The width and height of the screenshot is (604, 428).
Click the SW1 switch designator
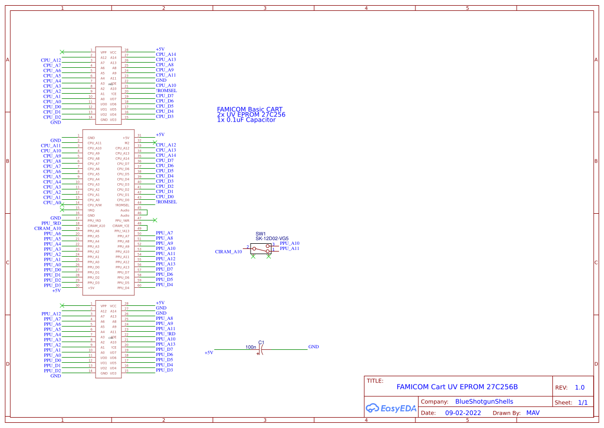pos(260,234)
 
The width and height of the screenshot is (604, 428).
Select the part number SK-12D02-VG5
pos(272,239)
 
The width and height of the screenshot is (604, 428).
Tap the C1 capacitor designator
pos(261,343)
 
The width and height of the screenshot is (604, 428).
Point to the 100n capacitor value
pos(251,347)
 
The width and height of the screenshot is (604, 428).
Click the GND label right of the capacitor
pos(314,347)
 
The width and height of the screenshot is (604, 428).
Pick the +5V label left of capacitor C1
pos(209,352)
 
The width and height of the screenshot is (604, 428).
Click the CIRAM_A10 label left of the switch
pos(228,252)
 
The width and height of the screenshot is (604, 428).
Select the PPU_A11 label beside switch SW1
pos(289,249)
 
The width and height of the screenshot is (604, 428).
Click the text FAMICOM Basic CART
pos(250,110)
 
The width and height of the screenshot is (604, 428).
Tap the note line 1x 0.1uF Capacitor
pos(246,120)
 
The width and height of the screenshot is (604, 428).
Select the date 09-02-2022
pos(463,413)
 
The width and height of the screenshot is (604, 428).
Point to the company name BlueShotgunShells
pos(484,402)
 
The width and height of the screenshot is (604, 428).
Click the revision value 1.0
pos(580,388)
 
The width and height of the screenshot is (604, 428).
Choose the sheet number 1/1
pos(583,402)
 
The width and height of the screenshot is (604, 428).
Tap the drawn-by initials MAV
pos(533,413)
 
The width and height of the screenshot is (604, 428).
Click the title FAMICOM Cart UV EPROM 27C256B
pos(457,387)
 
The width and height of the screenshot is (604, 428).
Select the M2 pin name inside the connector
pos(127,143)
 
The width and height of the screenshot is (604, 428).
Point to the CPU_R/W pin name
pos(95,205)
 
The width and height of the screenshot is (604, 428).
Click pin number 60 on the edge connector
pos(140,285)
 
